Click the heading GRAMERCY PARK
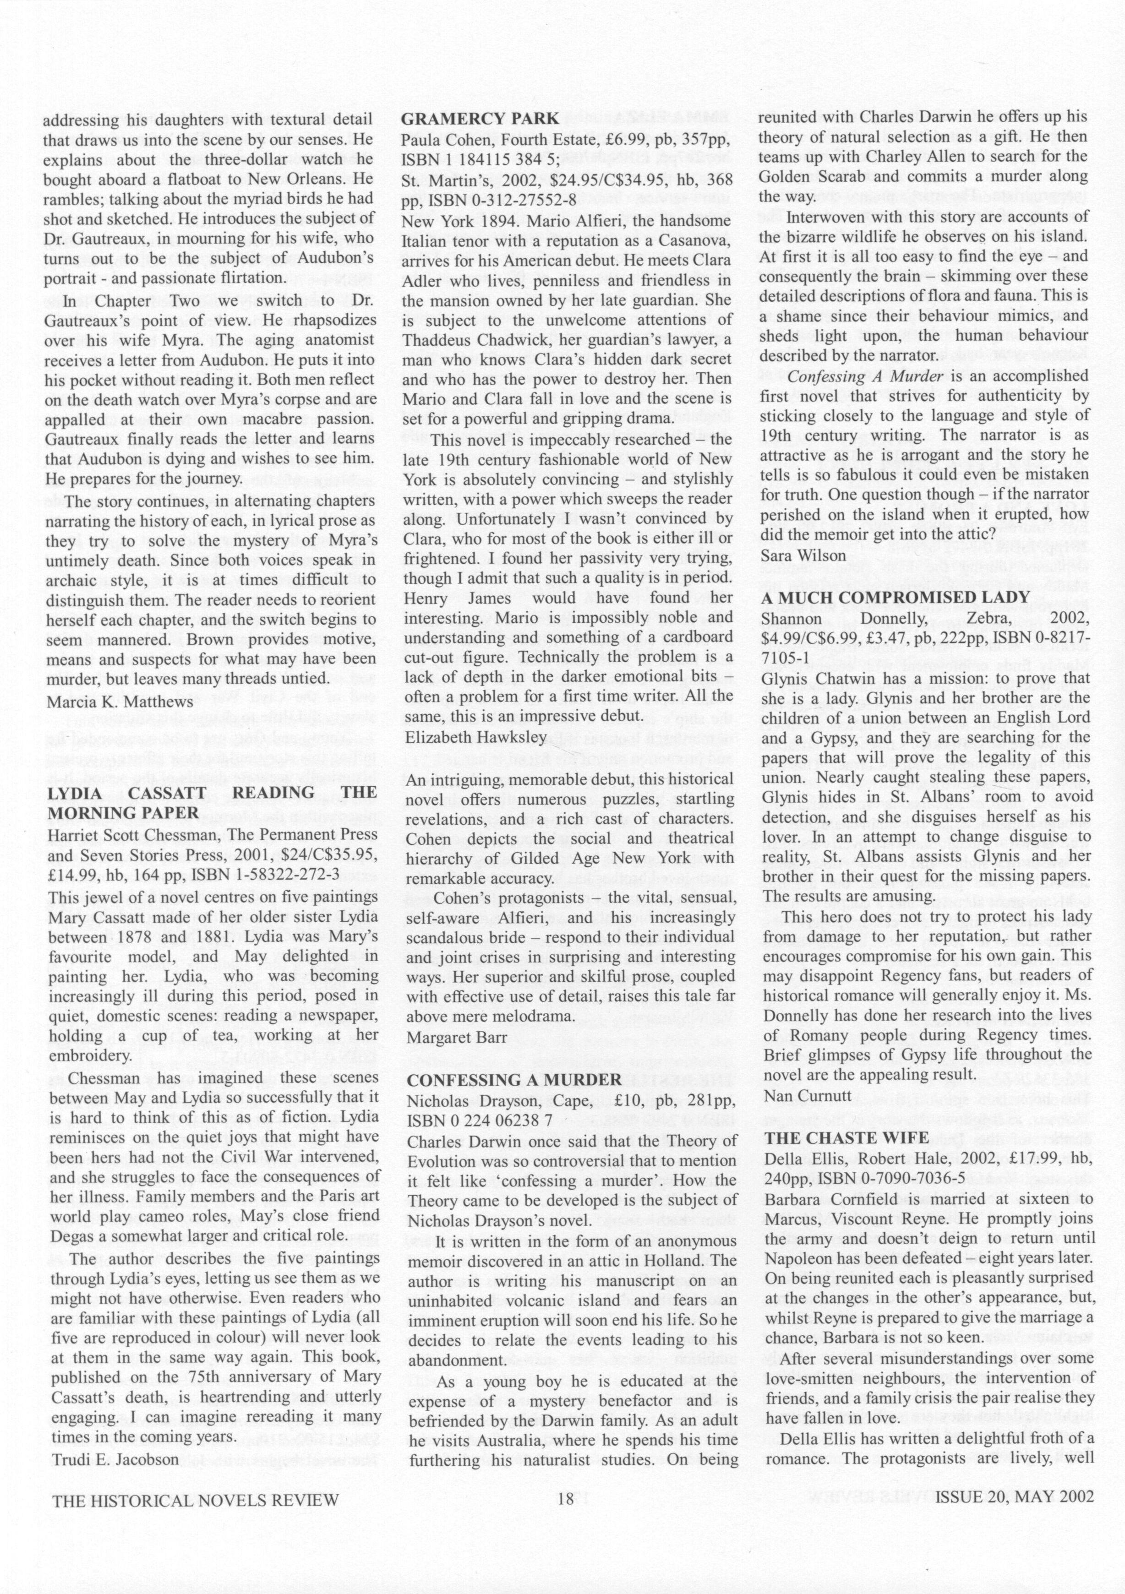(480, 119)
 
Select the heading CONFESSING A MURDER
(514, 1080)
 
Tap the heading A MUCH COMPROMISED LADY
(895, 597)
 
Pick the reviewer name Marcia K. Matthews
(120, 702)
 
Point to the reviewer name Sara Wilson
(803, 555)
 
